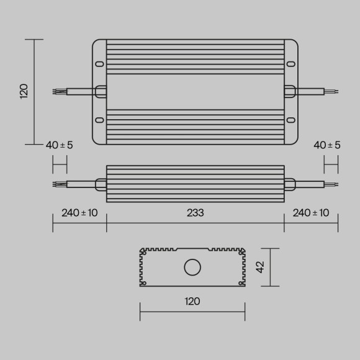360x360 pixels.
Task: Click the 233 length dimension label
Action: [196, 213]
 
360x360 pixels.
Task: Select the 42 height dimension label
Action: [261, 267]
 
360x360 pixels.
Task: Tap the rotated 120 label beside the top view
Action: [24, 92]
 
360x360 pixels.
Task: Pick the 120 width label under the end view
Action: [192, 302]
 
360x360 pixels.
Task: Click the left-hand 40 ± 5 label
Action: [59, 145]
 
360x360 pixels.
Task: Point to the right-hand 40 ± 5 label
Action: [326, 145]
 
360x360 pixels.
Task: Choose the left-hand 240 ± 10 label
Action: [79, 213]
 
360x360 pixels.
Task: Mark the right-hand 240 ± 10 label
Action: [310, 213]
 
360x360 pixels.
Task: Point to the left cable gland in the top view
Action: [101, 91]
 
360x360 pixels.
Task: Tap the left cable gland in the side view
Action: [101, 184]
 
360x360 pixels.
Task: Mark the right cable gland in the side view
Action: [290, 184]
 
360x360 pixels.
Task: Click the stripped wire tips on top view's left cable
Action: [57, 91]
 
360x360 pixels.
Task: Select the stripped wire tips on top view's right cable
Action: [334, 91]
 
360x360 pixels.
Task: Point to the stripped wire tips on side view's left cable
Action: [57, 184]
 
